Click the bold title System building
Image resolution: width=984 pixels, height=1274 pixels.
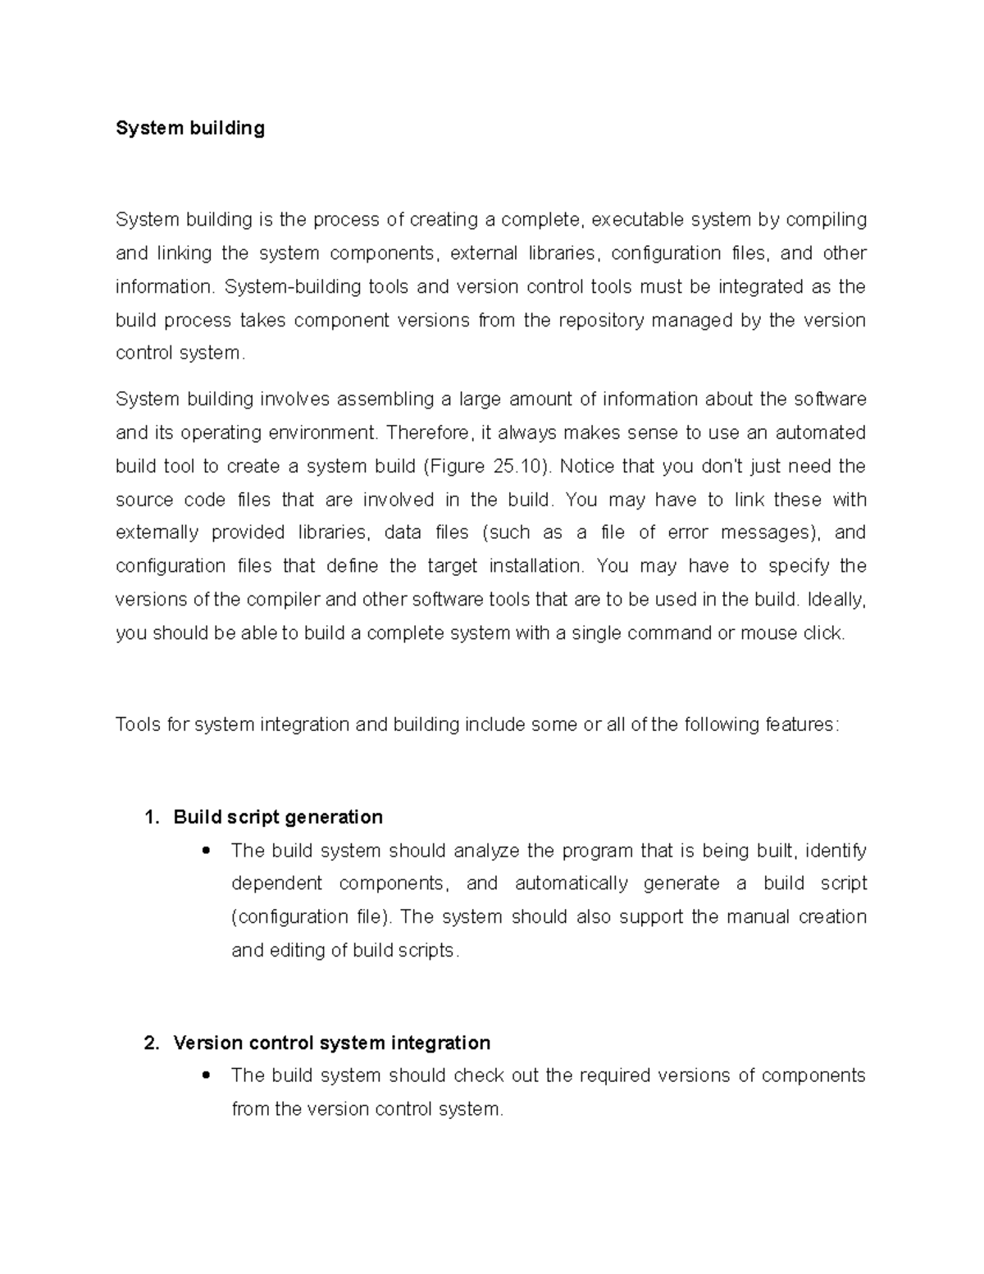(189, 128)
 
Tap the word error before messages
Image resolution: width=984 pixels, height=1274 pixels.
(688, 532)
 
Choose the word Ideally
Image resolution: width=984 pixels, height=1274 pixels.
(836, 600)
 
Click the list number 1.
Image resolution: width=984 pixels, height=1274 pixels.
(149, 817)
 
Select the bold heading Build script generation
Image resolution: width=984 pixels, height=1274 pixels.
(278, 817)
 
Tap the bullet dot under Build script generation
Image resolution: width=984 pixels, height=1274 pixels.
(206, 850)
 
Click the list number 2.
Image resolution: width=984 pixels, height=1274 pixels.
(149, 1043)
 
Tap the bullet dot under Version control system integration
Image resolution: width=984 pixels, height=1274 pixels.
(206, 1075)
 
